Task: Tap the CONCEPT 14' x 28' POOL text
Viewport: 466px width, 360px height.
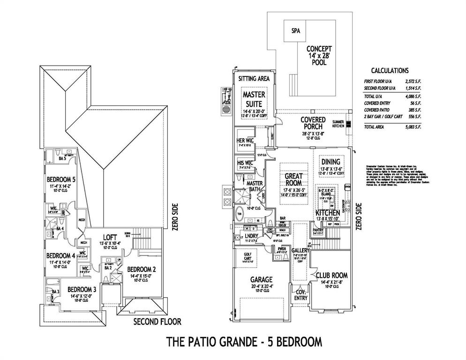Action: pyautogui.click(x=319, y=55)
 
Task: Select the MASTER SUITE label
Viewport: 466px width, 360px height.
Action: pyautogui.click(x=254, y=98)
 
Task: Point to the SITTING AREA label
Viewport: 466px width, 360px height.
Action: pyautogui.click(x=254, y=79)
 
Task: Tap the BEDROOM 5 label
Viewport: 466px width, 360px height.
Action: pyautogui.click(x=60, y=179)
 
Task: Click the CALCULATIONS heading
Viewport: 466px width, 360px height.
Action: pyautogui.click(x=390, y=71)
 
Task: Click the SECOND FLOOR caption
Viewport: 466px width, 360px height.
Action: pyautogui.click(x=157, y=322)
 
